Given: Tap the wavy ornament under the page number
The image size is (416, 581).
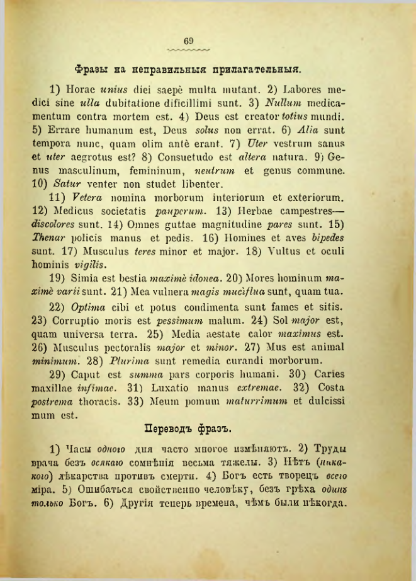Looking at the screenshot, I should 189,49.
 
